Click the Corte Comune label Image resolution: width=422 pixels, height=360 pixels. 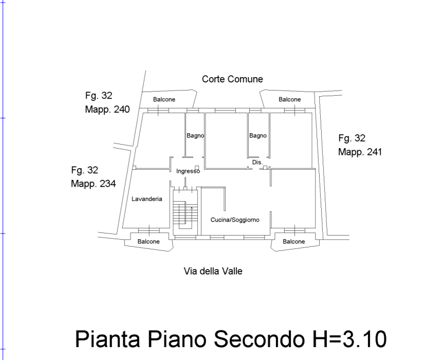coord(232,79)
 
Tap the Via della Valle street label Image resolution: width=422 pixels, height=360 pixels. coord(213,271)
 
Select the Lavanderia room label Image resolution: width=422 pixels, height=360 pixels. coord(147,199)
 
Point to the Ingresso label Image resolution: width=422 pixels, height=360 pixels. coord(188,171)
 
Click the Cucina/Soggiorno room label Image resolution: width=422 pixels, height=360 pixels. coord(235,220)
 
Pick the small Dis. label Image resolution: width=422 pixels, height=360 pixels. coord(257,163)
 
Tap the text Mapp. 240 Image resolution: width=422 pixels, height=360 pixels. coord(107,110)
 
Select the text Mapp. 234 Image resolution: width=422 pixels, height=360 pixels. coord(93,184)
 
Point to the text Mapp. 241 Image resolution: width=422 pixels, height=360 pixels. coord(360,152)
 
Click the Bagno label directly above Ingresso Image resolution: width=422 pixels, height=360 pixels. coord(195,136)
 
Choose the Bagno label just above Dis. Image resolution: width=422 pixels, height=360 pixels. coord(258,136)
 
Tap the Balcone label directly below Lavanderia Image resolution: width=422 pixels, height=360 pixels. coord(149,241)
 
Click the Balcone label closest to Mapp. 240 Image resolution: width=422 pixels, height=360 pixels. coord(164,99)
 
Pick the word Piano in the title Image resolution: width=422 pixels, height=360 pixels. coord(176,339)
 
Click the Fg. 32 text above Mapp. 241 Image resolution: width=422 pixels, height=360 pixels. coord(352,138)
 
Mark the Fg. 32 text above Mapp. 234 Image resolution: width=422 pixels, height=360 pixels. coord(84,170)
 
